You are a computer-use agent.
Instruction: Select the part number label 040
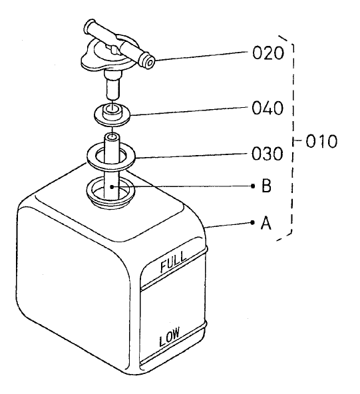point(269,108)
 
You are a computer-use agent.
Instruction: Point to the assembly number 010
point(324,142)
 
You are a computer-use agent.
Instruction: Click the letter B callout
point(266,187)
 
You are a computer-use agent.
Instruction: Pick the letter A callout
point(266,224)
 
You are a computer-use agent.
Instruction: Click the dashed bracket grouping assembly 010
point(293,133)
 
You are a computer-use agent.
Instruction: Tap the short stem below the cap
point(112,85)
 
